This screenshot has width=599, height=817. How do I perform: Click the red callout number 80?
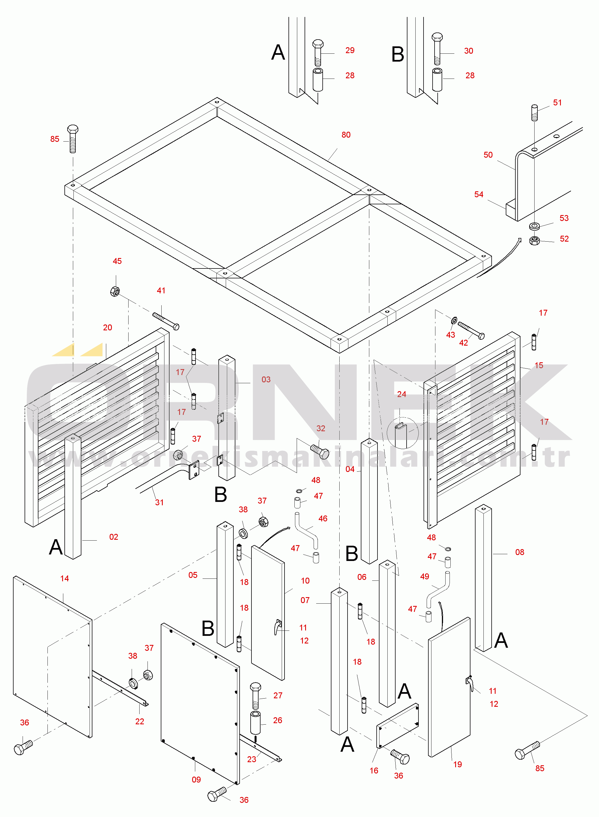[x=346, y=135]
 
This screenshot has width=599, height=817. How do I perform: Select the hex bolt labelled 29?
[x=318, y=53]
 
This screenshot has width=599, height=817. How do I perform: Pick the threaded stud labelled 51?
[x=535, y=112]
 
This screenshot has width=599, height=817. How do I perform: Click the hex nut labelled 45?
[x=115, y=291]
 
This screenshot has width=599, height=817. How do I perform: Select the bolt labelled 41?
[x=166, y=321]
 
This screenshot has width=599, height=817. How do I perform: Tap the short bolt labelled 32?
[x=320, y=452]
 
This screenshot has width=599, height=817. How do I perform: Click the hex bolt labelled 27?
[x=255, y=695]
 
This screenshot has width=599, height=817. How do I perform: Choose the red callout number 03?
[x=266, y=379]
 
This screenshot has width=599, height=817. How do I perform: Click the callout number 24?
[x=401, y=394]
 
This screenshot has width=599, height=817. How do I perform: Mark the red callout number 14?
[x=64, y=578]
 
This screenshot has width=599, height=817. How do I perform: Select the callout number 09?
[x=196, y=780]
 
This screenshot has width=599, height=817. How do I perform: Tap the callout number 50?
[x=488, y=155]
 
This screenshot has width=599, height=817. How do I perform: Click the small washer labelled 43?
[x=454, y=320]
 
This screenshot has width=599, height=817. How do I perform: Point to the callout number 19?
[x=458, y=764]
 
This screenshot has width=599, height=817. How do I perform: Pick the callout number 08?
[x=520, y=552]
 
